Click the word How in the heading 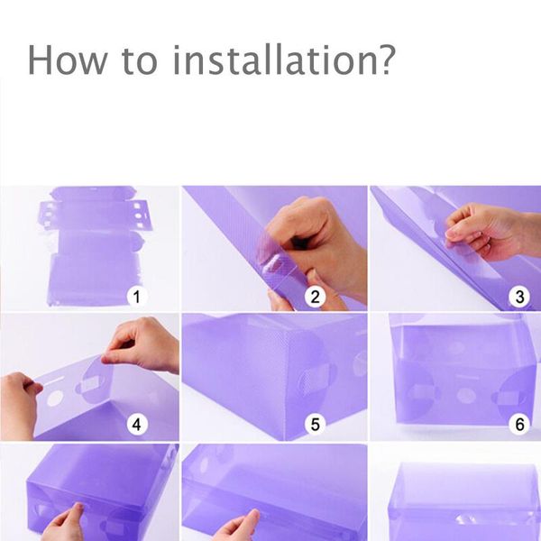point(68,60)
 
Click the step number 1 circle point(137,297)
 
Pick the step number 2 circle point(315,297)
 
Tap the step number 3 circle point(519,297)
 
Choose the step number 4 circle point(137,424)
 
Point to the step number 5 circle point(315,424)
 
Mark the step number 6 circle point(519,424)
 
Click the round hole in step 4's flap point(55,398)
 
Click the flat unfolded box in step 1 point(95,245)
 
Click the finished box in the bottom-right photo point(464,502)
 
